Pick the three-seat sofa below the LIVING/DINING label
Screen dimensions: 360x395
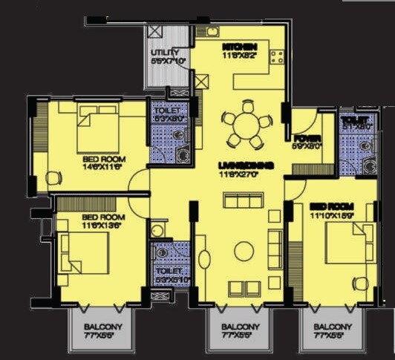pos(244,200)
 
